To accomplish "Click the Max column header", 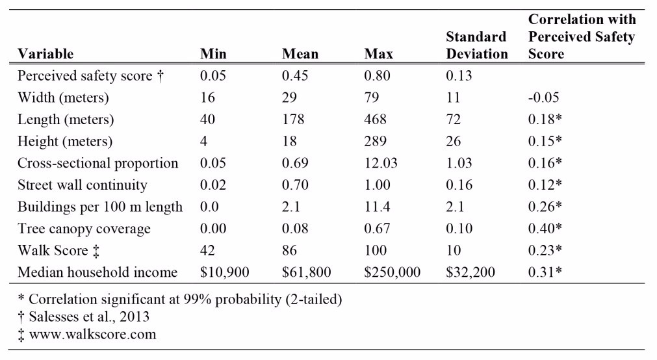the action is (378, 54).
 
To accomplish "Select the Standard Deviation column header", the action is (476, 45).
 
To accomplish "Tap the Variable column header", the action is (45, 54).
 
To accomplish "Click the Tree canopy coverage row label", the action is (84, 229).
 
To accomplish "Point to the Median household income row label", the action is (97, 272).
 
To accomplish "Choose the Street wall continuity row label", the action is (82, 185).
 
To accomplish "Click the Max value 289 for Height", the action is (375, 141).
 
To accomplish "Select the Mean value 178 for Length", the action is (293, 120).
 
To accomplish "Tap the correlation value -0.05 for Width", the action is (543, 97).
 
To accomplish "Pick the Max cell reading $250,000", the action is (392, 272).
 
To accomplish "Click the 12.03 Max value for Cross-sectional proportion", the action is (380, 163).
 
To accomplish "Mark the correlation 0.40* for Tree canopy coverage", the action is (545, 228).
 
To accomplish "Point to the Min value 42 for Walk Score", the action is (207, 251).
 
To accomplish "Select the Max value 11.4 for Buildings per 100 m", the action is (377, 207).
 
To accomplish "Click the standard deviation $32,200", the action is (470, 272).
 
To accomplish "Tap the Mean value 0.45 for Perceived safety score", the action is (295, 76).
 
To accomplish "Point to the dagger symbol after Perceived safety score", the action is (160, 76).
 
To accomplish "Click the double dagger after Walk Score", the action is (96, 251).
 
